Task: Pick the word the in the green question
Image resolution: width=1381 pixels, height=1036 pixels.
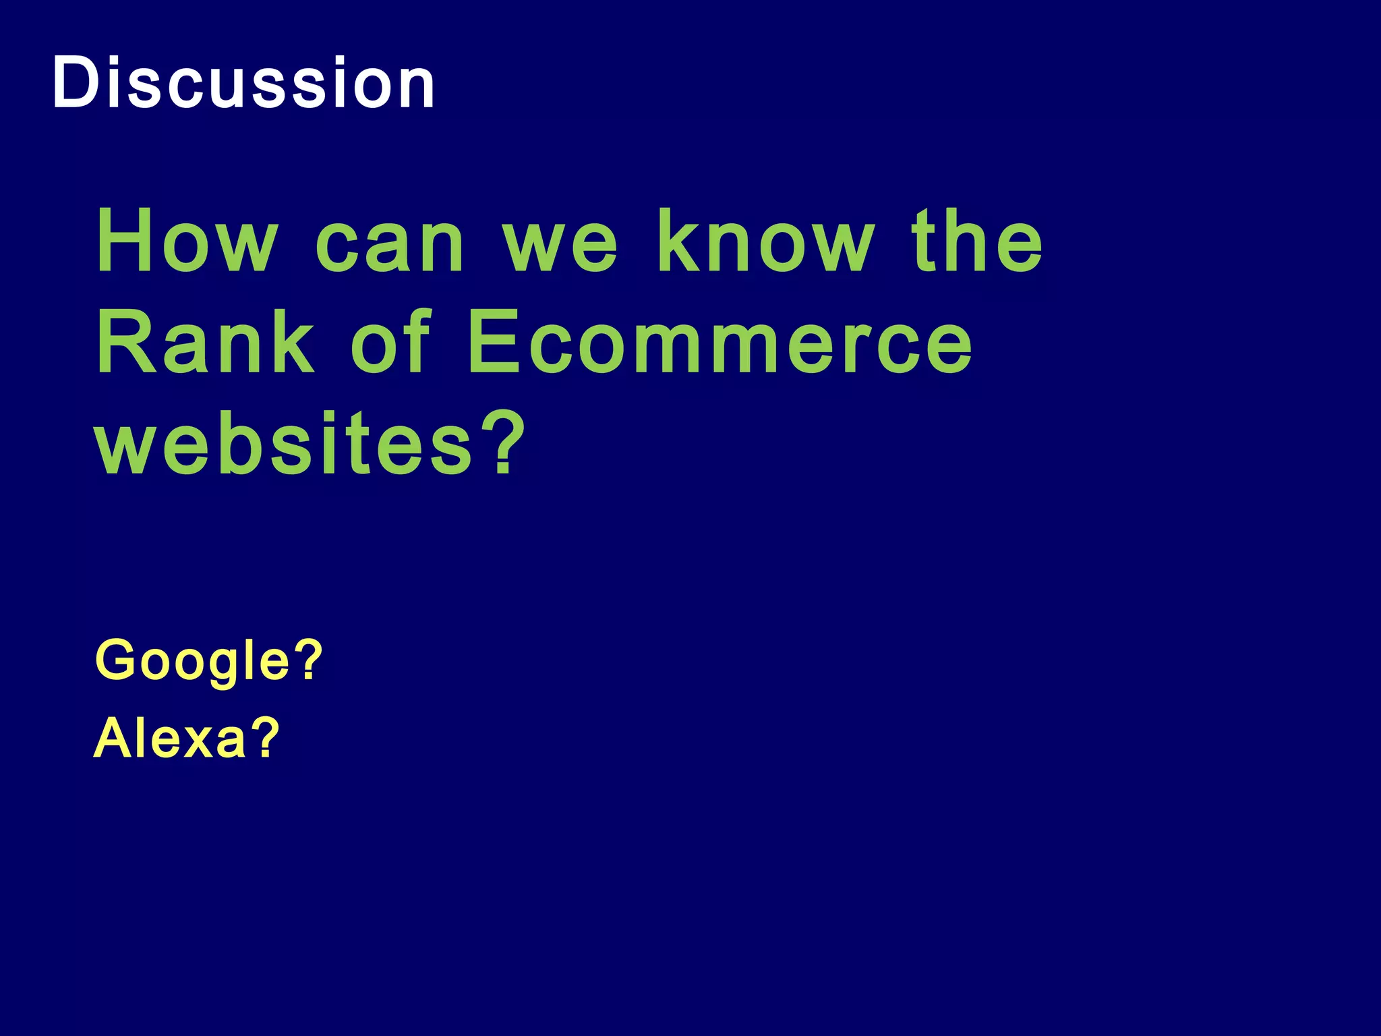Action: click(977, 241)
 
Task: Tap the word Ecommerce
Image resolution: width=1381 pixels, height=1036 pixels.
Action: click(719, 342)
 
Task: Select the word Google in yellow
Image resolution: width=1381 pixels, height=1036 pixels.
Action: click(193, 661)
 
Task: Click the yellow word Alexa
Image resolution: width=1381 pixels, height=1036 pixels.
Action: click(171, 738)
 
